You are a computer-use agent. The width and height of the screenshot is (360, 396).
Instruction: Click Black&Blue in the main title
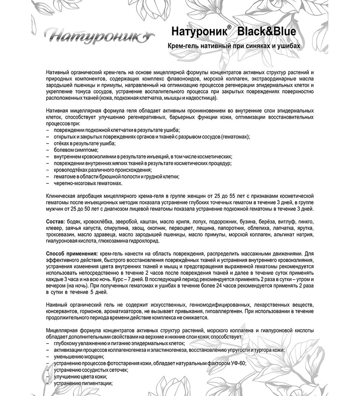[x=267, y=32]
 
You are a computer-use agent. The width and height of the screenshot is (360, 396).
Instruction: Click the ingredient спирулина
[x=115, y=228]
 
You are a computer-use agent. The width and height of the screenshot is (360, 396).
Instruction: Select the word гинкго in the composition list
[x=306, y=220]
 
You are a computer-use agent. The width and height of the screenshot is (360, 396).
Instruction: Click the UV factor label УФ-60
[x=237, y=363]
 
